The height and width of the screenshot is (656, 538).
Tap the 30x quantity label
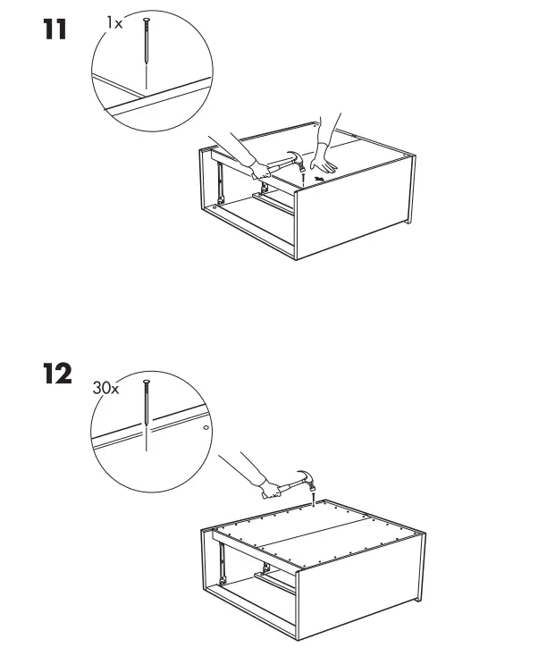point(105,390)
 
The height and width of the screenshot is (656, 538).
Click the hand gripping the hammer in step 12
point(269,490)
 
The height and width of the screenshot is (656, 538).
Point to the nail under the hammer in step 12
point(314,496)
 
